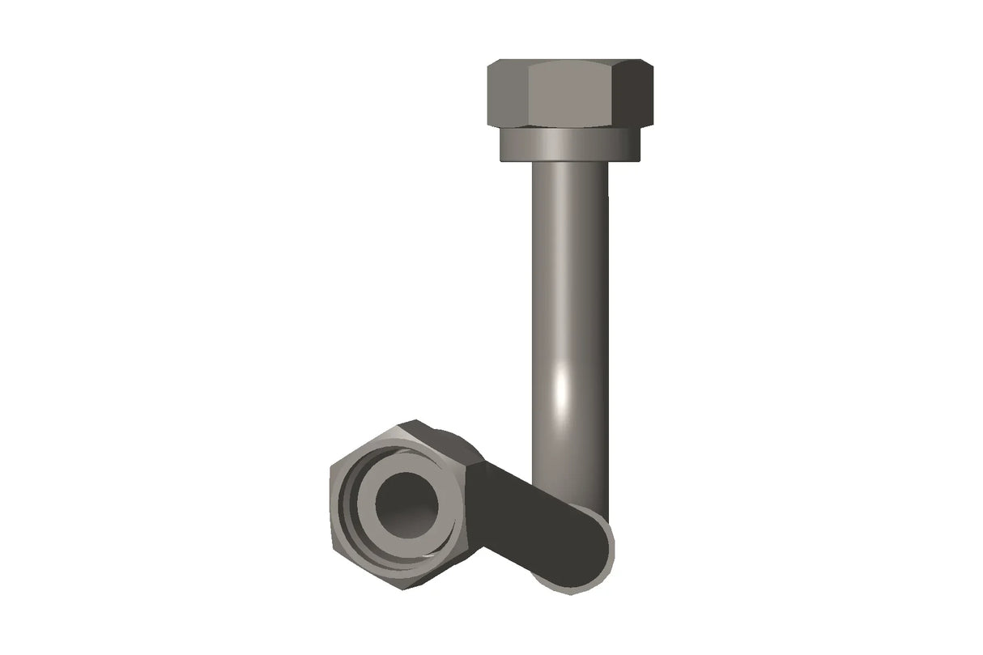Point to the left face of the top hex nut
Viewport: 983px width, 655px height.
[507, 95]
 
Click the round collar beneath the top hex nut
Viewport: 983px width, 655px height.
[570, 144]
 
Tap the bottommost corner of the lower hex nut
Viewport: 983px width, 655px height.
[418, 589]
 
